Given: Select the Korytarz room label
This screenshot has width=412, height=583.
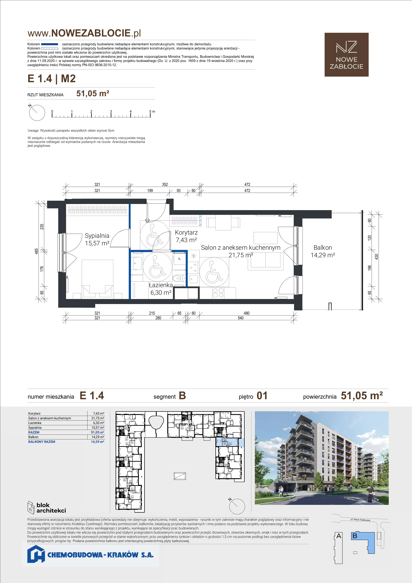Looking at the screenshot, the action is (x=186, y=232).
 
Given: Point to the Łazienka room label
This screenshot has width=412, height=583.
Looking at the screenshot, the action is (x=161, y=285).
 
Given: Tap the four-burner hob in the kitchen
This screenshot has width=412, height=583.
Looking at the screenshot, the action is (x=218, y=293).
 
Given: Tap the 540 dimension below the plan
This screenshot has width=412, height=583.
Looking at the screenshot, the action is (x=241, y=318).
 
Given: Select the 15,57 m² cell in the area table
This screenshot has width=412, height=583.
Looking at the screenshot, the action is (x=98, y=428).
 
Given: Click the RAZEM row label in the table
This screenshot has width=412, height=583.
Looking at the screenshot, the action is (x=34, y=432).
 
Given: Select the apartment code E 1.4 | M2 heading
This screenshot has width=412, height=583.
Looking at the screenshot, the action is (x=51, y=79).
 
